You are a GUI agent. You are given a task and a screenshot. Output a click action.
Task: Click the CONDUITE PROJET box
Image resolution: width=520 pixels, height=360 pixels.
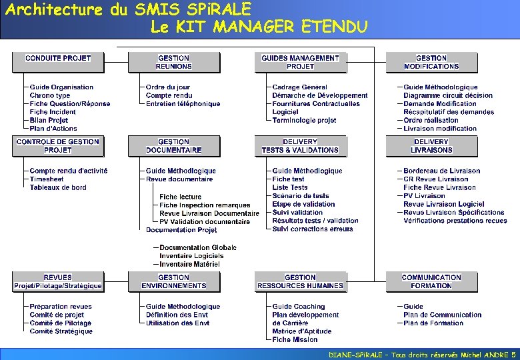click(x=58, y=62)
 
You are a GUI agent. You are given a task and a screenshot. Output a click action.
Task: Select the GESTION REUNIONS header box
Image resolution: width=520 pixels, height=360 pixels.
click(x=173, y=62)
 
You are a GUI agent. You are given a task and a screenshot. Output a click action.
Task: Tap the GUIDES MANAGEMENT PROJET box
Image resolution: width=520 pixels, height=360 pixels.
click(x=300, y=62)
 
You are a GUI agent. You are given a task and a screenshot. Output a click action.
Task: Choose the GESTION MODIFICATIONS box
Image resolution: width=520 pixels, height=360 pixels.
click(x=431, y=62)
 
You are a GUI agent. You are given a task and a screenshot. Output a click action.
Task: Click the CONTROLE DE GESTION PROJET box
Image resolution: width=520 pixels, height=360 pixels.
click(x=58, y=146)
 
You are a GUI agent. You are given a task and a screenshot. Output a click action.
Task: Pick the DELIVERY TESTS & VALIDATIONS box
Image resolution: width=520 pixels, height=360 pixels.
click(x=300, y=146)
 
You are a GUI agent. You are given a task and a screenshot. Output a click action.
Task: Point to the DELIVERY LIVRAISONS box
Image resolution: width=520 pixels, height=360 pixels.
click(x=431, y=146)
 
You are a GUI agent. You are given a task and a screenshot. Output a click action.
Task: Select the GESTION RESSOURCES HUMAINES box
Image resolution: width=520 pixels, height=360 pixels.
click(x=300, y=282)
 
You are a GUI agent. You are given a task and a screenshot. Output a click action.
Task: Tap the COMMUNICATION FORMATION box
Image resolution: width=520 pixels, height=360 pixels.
click(x=431, y=282)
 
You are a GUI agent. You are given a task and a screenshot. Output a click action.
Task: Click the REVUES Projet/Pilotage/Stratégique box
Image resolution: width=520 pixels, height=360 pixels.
click(x=58, y=282)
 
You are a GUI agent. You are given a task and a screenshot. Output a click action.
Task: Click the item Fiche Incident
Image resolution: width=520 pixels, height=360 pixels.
click(x=53, y=112)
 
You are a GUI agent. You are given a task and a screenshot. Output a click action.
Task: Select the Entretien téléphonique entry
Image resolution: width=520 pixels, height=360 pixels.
click(x=183, y=104)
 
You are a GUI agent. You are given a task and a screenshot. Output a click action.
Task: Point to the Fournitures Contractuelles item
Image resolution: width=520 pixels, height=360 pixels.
click(x=316, y=104)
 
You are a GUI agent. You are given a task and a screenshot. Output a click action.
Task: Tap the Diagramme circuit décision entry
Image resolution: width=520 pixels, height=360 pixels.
click(x=448, y=95)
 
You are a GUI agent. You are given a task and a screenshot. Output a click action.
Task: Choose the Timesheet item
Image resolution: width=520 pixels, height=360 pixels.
click(x=47, y=179)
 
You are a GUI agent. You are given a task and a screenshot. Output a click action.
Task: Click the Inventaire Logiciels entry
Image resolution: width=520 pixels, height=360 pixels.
click(x=191, y=256)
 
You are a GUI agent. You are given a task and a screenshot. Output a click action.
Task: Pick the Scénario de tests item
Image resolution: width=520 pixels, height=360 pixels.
click(x=301, y=196)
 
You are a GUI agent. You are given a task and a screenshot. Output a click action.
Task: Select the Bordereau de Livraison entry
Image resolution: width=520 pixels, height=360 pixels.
click(x=441, y=171)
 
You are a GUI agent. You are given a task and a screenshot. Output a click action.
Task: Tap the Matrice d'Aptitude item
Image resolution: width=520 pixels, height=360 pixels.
click(x=301, y=331)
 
